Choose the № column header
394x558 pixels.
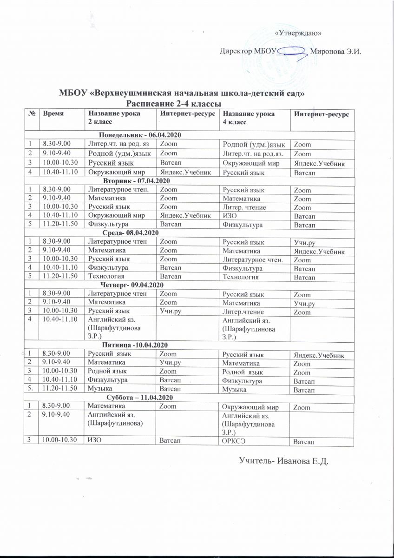(31, 113)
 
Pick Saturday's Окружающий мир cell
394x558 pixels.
(247, 407)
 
